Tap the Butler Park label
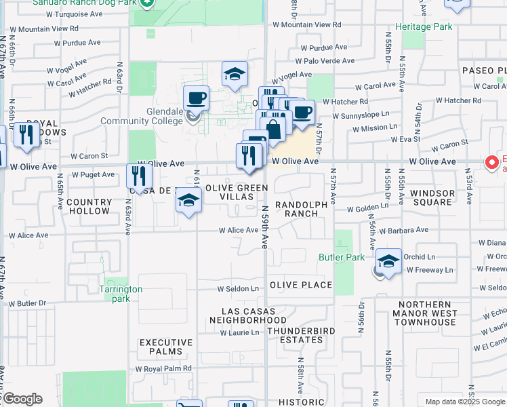(342, 257)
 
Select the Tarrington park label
(123, 294)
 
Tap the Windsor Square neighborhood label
(432, 198)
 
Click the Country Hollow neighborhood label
(89, 206)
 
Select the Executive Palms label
(161, 347)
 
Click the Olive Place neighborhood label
(301, 285)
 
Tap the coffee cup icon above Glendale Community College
(196, 97)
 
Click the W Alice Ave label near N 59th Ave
(238, 231)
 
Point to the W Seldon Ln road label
(238, 288)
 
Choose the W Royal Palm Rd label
(163, 368)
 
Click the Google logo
(22, 399)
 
